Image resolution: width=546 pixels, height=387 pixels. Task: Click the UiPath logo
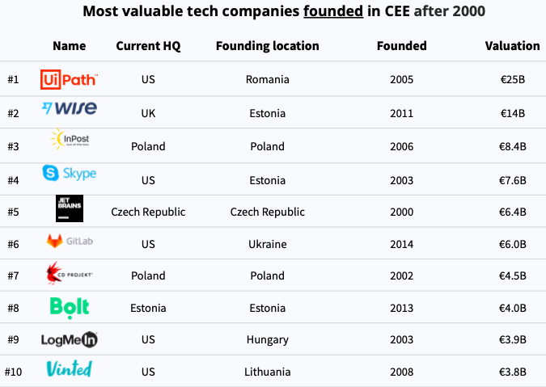(x=69, y=79)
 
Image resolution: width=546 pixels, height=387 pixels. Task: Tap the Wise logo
(x=69, y=109)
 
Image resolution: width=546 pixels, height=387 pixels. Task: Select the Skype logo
(x=69, y=173)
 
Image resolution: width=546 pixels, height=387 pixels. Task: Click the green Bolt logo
(x=69, y=307)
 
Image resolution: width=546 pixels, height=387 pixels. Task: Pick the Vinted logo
(x=69, y=369)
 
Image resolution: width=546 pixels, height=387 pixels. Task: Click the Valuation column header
(x=512, y=46)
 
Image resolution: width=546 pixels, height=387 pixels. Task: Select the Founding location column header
(x=267, y=46)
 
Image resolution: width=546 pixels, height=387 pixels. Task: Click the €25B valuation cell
(x=512, y=80)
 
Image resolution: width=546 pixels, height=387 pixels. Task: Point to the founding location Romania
(x=267, y=80)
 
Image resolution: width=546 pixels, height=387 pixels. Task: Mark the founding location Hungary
(x=267, y=340)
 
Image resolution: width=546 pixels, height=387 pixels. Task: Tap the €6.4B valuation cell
(x=512, y=212)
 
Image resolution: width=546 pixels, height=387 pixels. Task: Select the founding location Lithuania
(x=267, y=372)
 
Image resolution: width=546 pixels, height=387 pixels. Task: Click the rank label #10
(x=12, y=372)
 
